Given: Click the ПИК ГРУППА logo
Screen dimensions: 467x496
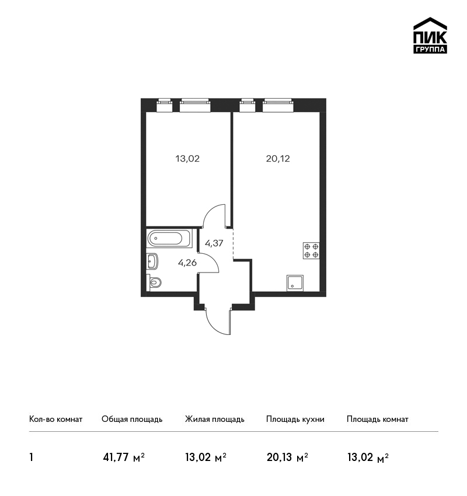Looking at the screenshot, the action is click(x=430, y=35).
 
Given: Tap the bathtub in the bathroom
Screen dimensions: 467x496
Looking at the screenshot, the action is click(x=169, y=239).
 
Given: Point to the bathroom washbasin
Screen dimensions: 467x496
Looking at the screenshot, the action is click(x=152, y=261).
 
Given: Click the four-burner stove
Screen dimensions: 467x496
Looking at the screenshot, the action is click(x=311, y=250).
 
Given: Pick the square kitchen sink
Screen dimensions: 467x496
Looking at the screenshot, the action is click(x=295, y=283).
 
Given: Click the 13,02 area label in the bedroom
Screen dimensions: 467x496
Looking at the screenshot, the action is click(x=187, y=159).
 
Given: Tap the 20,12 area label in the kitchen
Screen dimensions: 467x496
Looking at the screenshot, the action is click(x=278, y=159).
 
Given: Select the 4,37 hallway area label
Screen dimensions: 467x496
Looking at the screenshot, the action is click(x=214, y=243).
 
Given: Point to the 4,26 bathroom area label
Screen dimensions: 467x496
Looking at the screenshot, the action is click(x=187, y=263).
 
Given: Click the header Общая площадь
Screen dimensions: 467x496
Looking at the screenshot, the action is click(x=132, y=419).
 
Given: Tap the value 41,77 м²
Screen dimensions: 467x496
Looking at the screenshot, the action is click(x=124, y=457).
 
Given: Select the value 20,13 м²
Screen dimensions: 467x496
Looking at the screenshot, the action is click(x=287, y=457).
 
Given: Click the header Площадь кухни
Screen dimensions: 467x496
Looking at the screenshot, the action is click(x=295, y=419).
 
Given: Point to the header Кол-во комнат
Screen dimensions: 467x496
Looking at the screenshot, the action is click(x=55, y=419).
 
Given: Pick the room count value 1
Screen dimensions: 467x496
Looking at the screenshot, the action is click(x=31, y=457).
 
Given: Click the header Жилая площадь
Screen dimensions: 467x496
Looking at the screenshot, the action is click(x=214, y=419).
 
